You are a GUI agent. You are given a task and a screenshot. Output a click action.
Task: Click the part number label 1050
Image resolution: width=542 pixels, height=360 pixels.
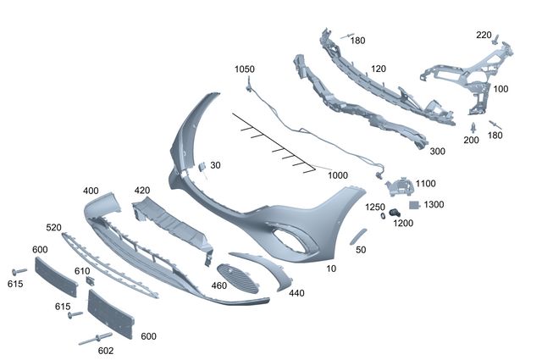(x=245, y=69)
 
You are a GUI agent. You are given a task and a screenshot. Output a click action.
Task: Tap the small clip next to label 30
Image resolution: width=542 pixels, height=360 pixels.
(x=202, y=168)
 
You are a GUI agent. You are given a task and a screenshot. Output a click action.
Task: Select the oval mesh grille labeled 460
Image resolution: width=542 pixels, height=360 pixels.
(x=237, y=278)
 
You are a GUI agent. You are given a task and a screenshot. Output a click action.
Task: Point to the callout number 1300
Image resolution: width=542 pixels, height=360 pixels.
(x=434, y=204)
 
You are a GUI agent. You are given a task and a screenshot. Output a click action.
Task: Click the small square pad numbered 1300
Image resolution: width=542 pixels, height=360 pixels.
(x=414, y=205)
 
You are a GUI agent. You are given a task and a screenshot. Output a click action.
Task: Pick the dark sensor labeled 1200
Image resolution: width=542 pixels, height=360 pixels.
(x=395, y=213)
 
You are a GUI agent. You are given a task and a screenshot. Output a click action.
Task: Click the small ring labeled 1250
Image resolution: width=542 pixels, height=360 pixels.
(x=383, y=216)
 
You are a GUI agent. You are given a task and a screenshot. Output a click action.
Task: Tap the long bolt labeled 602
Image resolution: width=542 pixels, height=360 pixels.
(x=96, y=339)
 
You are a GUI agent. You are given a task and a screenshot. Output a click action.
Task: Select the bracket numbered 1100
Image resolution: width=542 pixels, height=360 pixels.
(x=399, y=186)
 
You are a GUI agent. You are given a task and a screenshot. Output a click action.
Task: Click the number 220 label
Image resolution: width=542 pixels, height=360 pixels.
(x=484, y=35)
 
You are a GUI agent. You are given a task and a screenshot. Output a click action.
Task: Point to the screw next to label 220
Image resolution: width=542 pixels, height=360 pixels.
(x=496, y=39)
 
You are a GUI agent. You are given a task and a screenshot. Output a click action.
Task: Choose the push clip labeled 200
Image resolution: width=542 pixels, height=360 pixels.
(x=473, y=128)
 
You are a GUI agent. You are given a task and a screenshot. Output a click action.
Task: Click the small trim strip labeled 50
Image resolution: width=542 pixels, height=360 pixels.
(x=357, y=236)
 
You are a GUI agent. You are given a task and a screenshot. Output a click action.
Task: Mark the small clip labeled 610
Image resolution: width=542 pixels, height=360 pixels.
(x=91, y=281)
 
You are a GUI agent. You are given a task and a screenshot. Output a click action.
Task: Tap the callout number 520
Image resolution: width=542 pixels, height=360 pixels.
(x=53, y=228)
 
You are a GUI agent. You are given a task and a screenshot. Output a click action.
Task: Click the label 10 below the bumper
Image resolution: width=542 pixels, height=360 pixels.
(x=331, y=269)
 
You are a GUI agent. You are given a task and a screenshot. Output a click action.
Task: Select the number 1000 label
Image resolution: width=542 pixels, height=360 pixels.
(x=338, y=175)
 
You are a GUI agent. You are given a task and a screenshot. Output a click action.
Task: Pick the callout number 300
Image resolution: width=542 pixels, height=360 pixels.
(x=437, y=151)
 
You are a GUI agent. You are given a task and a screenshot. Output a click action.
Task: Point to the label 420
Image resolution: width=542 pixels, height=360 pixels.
(x=142, y=191)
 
